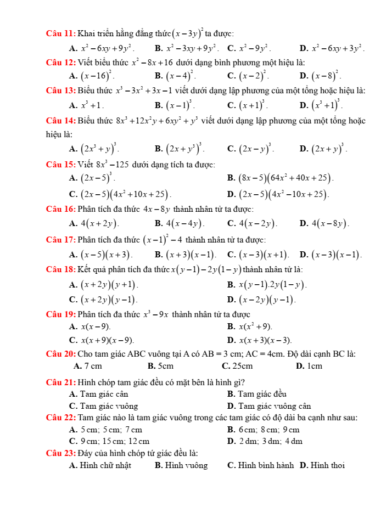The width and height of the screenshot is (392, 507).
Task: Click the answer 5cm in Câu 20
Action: pos(165,366)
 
